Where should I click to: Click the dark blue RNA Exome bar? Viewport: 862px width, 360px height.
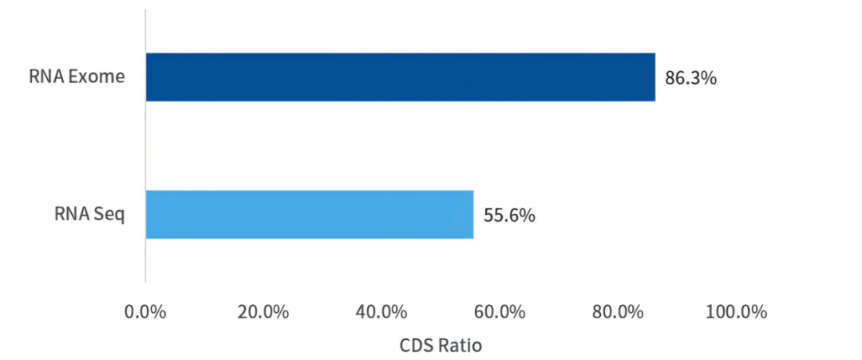pos(399,77)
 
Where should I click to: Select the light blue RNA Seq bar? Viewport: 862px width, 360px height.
pos(309,214)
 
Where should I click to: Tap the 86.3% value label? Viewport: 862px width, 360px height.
pos(691,78)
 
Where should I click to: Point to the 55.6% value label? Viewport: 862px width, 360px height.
pos(509,215)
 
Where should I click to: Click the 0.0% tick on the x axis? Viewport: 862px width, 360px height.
pos(145,311)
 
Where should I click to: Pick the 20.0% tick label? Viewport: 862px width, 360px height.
pos(263,311)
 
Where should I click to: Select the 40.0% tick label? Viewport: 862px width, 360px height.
pos(382,311)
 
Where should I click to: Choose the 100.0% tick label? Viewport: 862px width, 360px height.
pos(737,311)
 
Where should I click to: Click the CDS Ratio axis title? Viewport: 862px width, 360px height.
pos(440,346)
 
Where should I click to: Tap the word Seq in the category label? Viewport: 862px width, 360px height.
pos(110,214)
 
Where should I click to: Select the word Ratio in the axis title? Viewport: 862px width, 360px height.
pos(458,346)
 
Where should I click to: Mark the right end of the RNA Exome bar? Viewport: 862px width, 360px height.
pos(654,77)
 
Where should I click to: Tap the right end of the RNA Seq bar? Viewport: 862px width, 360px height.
pos(472,214)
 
